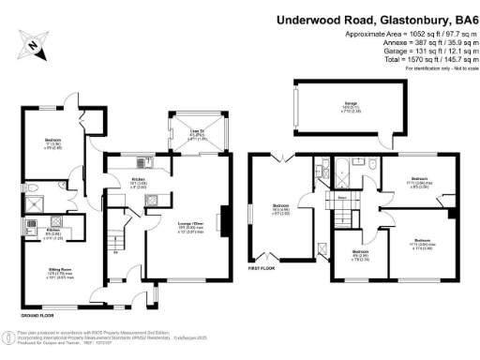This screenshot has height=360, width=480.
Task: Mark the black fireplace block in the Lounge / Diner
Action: (x=224, y=219)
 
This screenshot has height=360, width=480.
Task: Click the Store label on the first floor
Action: (x=343, y=198)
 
